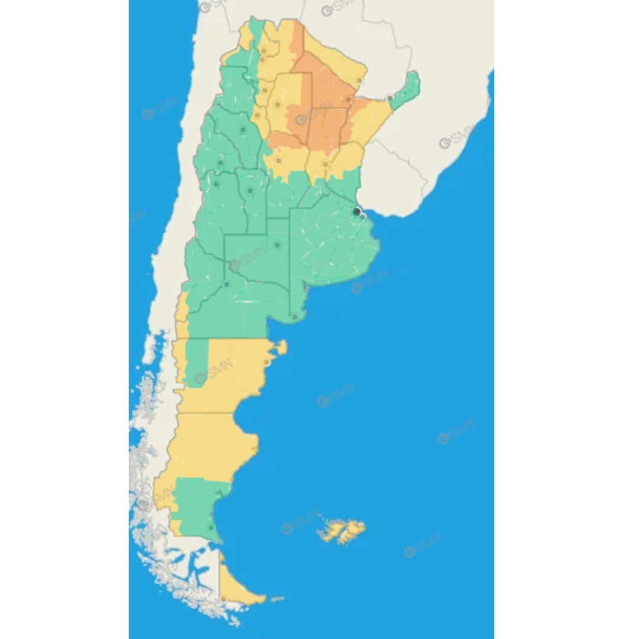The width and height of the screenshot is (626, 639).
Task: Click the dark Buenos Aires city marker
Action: click(356, 211)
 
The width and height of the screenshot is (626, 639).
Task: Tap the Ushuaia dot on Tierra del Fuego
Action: click(223, 600)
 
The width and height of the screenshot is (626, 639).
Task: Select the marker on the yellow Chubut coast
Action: click(267, 362)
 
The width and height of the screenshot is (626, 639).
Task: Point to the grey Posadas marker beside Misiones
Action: click(390, 98)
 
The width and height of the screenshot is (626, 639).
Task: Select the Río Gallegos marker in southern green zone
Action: click(211, 527)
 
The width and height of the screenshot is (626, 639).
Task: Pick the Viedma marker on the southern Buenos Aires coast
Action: click(294, 317)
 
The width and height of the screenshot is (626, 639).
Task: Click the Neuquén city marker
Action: click(226, 285)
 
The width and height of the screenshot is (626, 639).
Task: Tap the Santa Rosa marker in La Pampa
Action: click(277, 245)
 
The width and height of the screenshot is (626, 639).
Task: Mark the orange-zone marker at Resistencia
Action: click(349, 100)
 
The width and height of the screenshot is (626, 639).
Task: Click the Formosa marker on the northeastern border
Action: click(359, 80)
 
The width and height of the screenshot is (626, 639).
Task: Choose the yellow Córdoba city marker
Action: click(278, 160)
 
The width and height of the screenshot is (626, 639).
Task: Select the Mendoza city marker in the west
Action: click(216, 184)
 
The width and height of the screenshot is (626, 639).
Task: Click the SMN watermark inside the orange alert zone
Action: click(313, 114)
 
